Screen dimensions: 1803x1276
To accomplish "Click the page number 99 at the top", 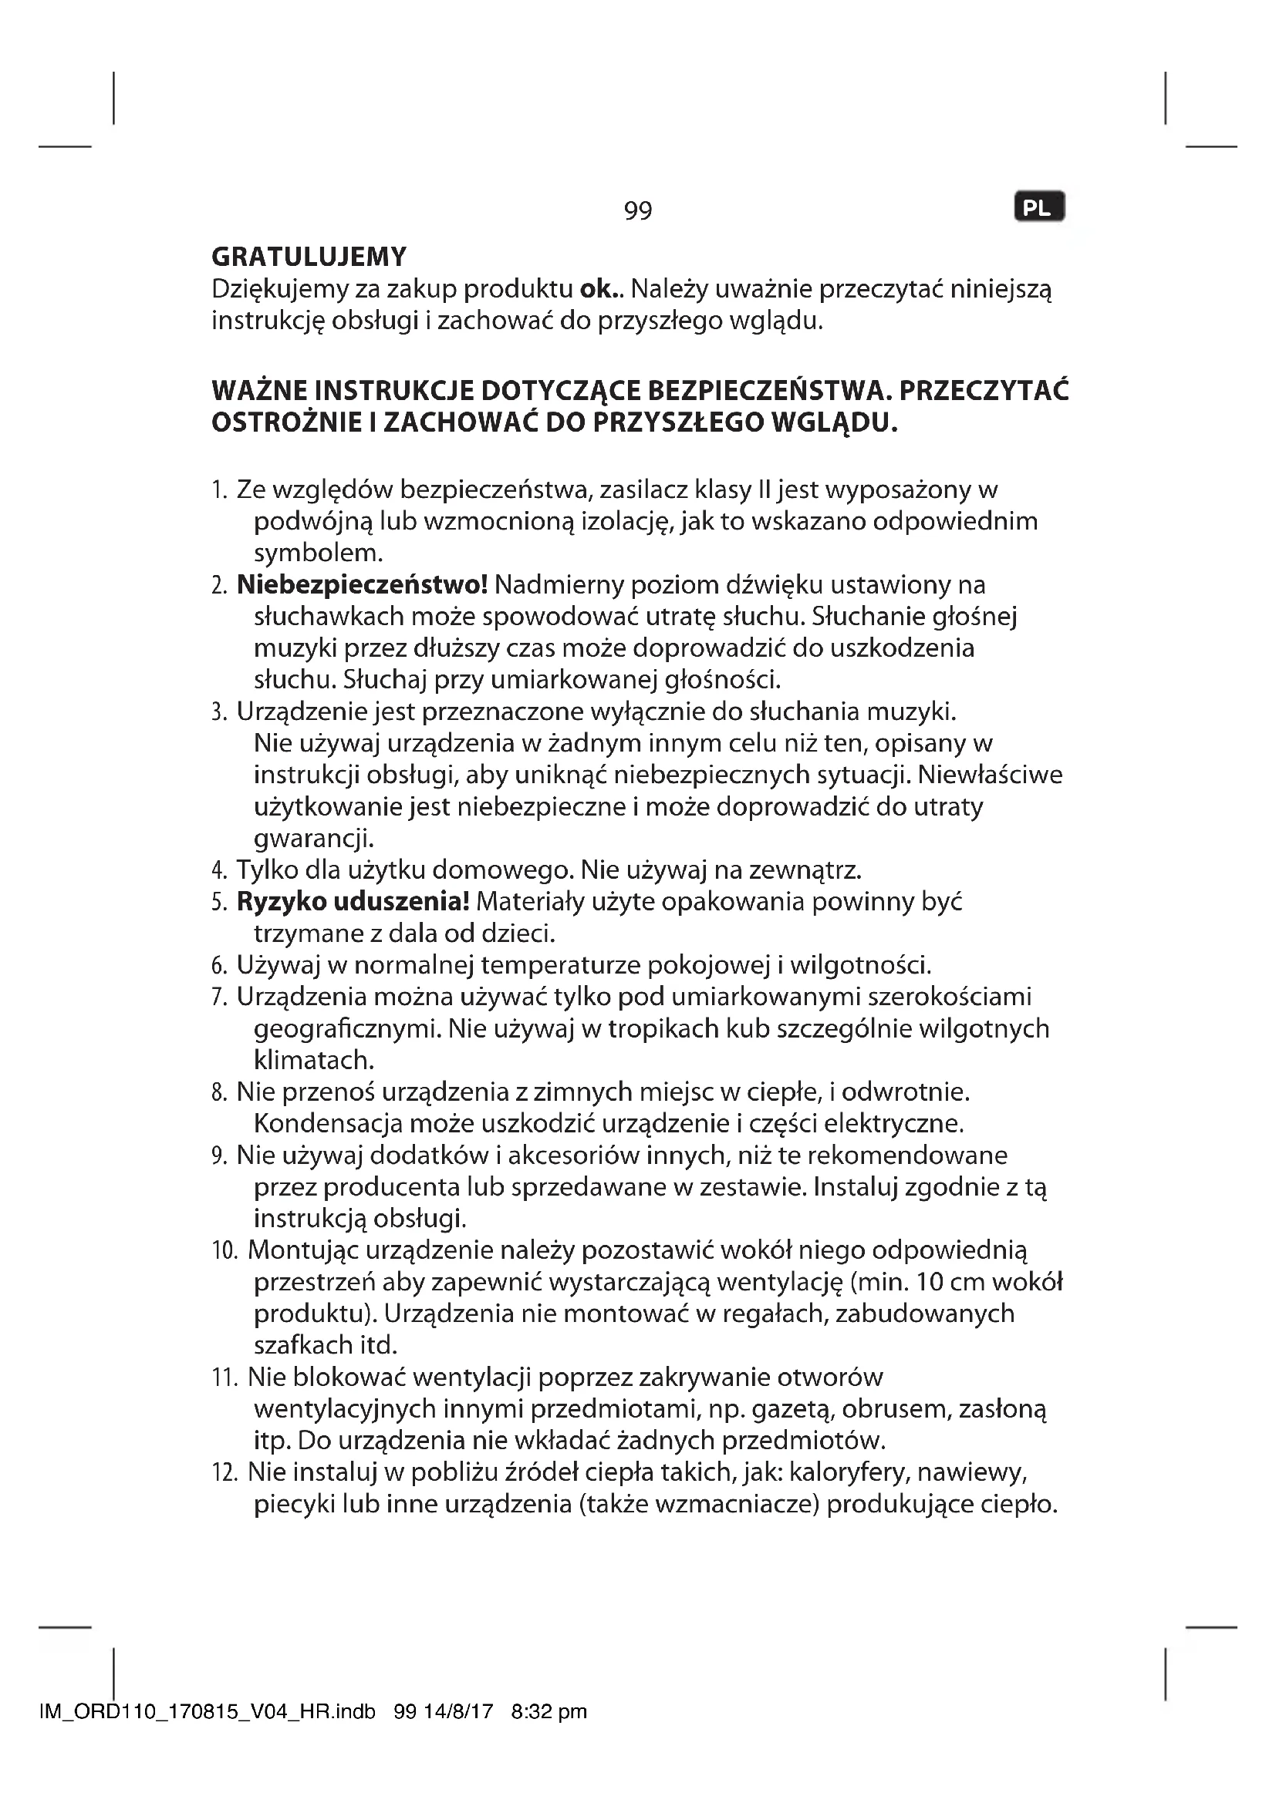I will [637, 210].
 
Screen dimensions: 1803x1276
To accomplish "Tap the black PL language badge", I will [1039, 208].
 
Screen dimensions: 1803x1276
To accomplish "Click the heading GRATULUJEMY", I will [309, 257].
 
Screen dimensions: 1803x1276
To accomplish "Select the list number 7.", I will [219, 997].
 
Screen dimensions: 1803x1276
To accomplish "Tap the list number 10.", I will [224, 1251].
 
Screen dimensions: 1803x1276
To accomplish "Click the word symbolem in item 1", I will [318, 553].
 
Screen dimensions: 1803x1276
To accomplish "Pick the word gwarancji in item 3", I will [313, 838].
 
